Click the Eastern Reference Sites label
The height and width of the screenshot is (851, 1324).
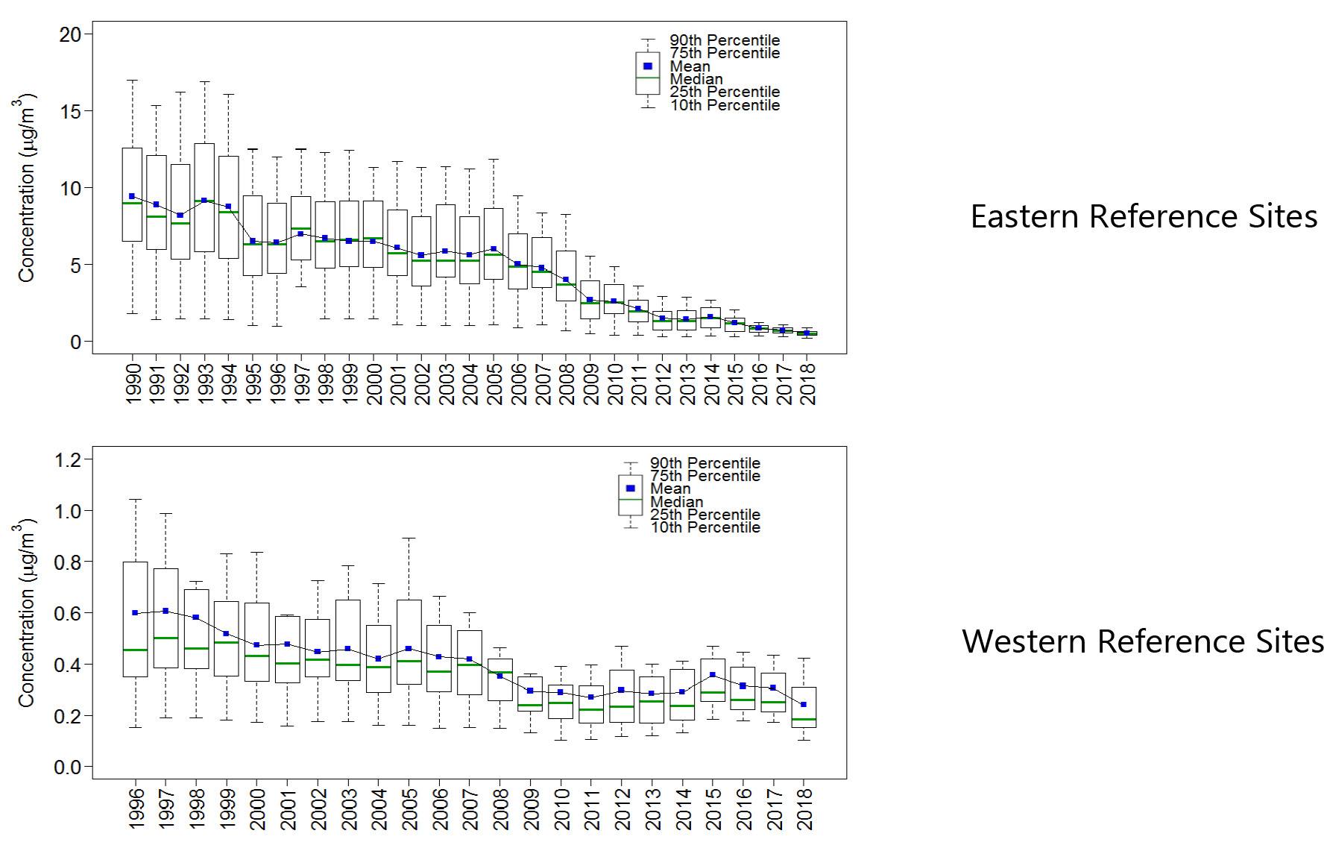click(1143, 217)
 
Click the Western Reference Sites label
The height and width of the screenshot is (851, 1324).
click(1142, 641)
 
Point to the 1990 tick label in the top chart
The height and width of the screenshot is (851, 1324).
click(133, 383)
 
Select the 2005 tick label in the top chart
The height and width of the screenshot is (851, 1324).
click(494, 383)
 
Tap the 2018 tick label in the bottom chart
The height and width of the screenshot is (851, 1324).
click(804, 808)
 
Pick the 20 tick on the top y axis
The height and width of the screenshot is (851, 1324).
click(70, 34)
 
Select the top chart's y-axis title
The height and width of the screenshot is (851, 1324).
click(26, 188)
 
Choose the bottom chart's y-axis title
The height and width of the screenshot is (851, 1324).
click(26, 612)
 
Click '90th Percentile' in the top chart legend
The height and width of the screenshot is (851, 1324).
click(725, 40)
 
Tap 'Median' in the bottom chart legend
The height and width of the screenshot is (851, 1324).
click(676, 502)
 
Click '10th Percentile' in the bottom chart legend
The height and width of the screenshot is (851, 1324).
click(705, 527)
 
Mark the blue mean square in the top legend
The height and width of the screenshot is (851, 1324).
click(648, 66)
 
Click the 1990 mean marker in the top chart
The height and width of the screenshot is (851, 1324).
click(132, 197)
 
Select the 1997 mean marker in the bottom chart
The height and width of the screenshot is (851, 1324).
click(165, 611)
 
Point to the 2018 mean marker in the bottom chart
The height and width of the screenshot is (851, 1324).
click(804, 704)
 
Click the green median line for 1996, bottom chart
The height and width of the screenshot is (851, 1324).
click(135, 650)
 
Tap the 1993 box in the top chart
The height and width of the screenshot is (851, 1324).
click(204, 172)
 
